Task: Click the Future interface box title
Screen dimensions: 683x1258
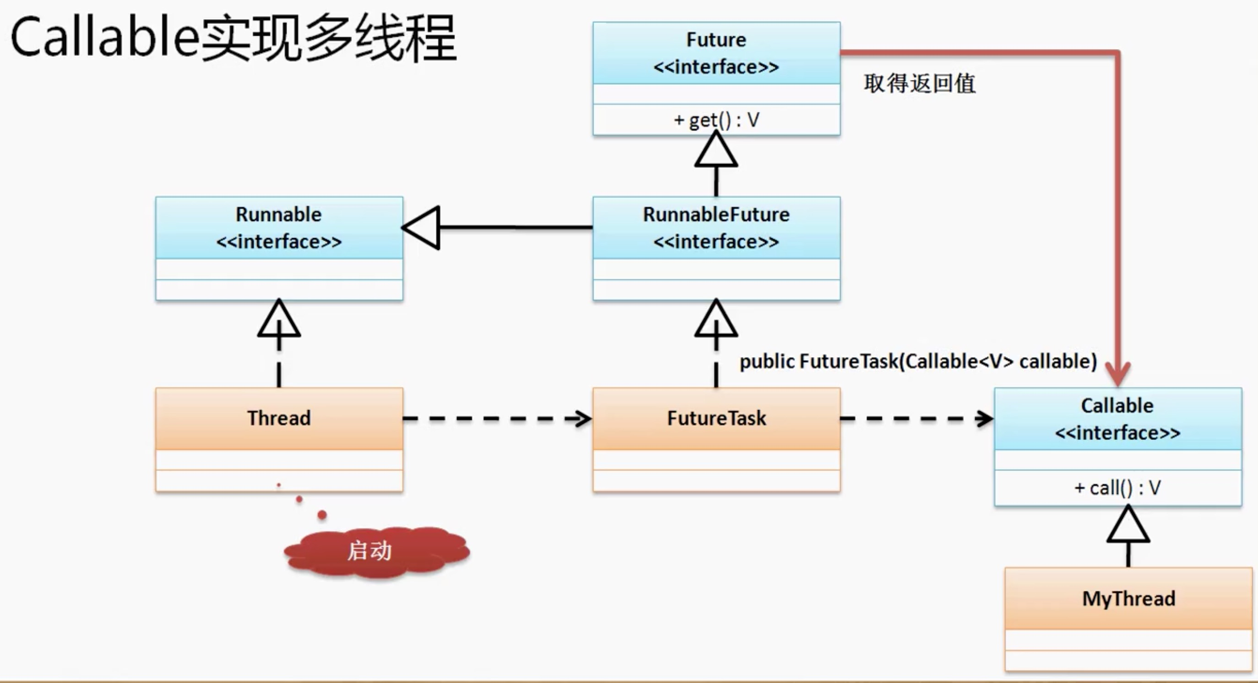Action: (716, 53)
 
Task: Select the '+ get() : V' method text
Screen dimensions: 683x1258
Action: (716, 120)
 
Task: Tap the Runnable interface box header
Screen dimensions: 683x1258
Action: (279, 228)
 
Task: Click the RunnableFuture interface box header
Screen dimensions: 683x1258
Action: (716, 228)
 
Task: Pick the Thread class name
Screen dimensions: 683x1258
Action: (279, 418)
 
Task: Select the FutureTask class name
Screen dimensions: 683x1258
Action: (716, 418)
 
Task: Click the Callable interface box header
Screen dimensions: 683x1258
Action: (1117, 419)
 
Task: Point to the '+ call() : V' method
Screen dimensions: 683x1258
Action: (1117, 487)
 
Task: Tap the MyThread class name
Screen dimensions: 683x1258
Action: (1128, 598)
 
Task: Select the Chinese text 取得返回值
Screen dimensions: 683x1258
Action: (919, 83)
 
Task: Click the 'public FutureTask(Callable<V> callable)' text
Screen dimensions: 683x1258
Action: (918, 362)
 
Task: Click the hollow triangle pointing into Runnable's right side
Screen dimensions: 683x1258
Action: (423, 228)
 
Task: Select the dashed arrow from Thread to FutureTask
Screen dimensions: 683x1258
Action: (497, 418)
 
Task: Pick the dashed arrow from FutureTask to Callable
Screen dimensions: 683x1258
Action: (916, 418)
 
